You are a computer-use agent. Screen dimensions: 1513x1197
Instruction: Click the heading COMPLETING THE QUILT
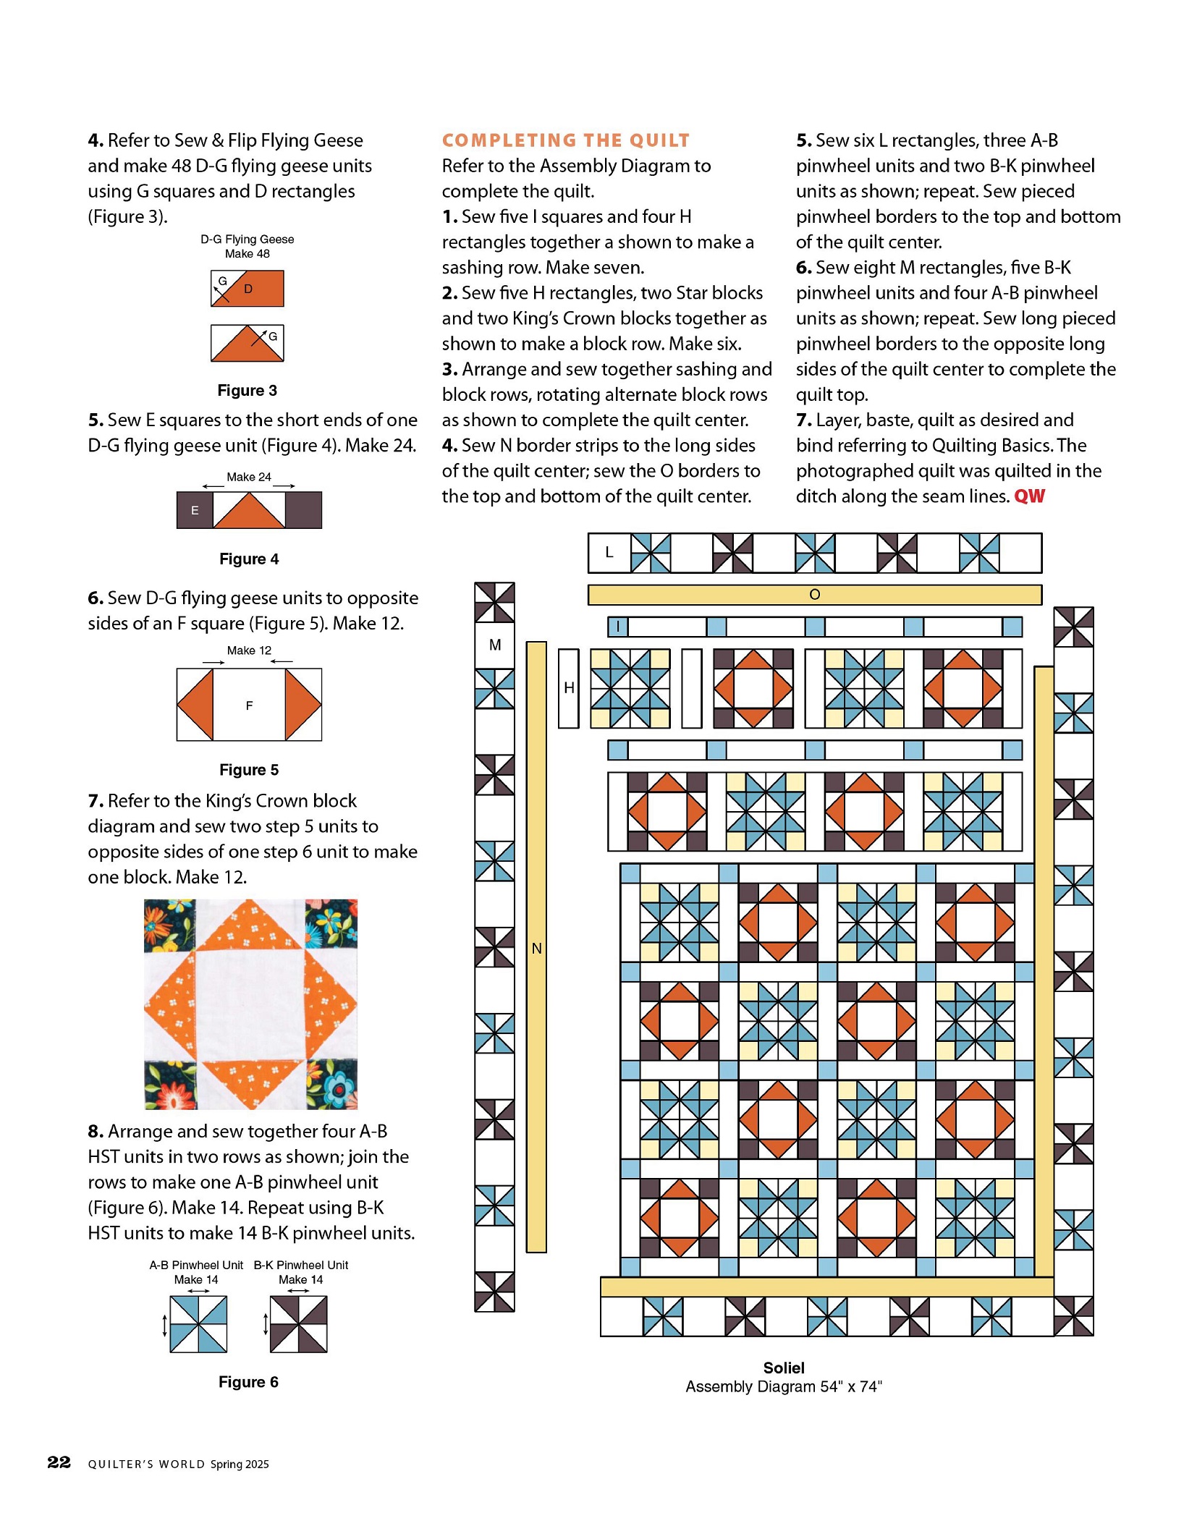point(565,140)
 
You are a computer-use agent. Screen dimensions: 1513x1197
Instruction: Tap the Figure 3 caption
point(248,391)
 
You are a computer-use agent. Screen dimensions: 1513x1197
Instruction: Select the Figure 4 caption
point(249,559)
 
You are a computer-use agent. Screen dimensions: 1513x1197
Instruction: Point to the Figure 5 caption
point(249,770)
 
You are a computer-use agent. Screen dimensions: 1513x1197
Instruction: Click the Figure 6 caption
point(248,1382)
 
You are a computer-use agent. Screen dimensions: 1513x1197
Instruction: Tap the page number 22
point(59,1462)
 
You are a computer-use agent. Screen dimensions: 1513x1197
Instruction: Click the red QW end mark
point(1029,496)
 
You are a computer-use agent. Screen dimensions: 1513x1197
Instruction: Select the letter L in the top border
point(609,553)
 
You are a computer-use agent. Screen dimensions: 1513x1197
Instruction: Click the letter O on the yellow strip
point(814,595)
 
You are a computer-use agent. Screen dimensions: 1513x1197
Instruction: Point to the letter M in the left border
point(495,645)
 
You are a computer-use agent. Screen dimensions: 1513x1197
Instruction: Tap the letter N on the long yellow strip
point(536,948)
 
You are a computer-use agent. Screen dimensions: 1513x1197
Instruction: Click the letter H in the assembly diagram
point(569,688)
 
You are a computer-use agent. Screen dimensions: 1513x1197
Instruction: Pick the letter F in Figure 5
point(249,705)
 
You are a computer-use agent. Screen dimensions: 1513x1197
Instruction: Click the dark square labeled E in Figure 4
point(195,510)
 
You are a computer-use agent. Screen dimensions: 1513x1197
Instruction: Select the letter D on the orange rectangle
point(248,289)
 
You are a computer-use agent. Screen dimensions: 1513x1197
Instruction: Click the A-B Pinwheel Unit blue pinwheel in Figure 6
point(198,1324)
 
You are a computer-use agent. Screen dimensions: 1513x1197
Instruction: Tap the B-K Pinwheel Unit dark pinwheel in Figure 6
point(298,1324)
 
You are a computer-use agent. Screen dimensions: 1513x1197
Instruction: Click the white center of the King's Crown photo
point(250,1004)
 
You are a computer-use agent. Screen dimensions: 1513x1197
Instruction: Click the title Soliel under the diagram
point(784,1368)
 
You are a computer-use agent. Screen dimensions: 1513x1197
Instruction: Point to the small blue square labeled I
point(617,627)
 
